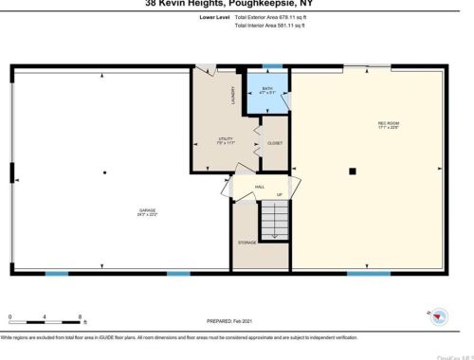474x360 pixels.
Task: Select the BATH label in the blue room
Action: coord(267,90)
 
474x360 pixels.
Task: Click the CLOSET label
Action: coord(275,143)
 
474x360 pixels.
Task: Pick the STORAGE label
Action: coord(246,243)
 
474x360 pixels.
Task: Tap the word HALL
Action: coord(260,187)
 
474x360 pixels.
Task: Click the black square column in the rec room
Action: coord(352,171)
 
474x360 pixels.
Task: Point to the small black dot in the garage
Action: coord(104,171)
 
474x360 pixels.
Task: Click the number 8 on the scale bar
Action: coord(81,314)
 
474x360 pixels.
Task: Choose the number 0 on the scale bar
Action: coord(9,314)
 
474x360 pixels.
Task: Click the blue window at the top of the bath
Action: coord(272,65)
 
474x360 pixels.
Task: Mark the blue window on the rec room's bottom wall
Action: coord(369,274)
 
